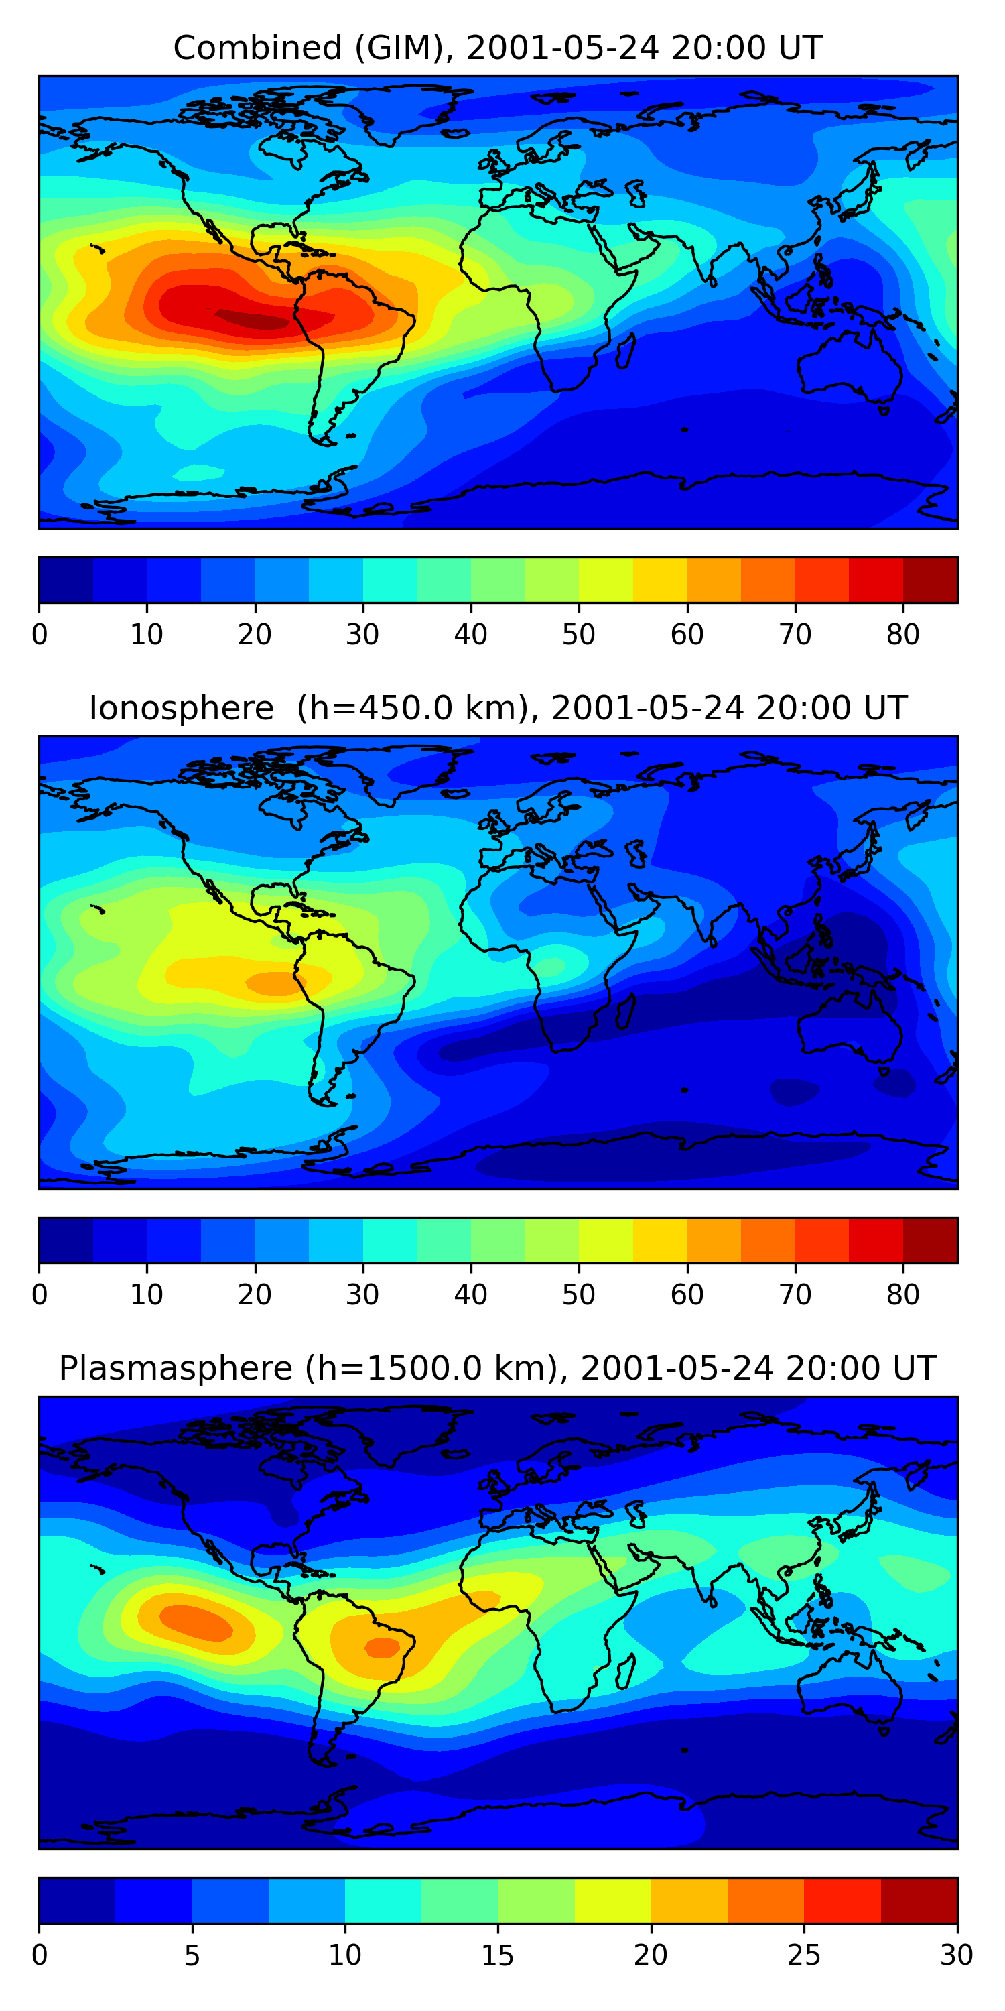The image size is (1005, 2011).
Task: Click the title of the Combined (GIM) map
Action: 497,48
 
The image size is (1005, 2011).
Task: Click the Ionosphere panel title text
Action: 497,708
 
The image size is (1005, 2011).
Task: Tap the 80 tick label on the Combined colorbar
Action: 902,635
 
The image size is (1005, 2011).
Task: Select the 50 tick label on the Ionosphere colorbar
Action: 578,1294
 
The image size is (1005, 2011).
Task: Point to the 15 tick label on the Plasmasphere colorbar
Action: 497,1955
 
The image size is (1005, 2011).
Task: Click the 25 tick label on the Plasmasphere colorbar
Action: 804,1955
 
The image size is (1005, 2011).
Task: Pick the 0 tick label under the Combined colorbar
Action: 40,635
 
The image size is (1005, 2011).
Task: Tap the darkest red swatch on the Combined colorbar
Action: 930,580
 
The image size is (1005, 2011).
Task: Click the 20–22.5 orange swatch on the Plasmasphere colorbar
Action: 689,1900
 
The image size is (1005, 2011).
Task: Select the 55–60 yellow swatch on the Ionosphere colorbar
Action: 659,1241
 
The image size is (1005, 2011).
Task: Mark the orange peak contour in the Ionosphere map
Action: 275,983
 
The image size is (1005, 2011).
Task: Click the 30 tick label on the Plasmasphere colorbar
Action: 957,1955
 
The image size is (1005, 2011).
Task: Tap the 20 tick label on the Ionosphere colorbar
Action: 255,1294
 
